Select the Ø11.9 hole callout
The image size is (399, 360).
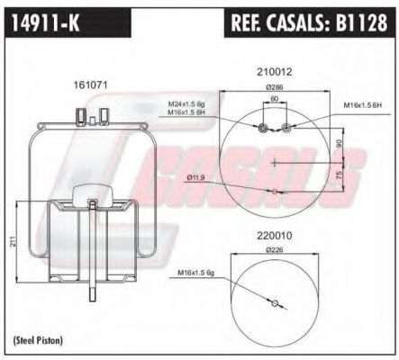[197, 177]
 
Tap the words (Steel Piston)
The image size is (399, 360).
[37, 340]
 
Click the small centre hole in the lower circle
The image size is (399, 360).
[275, 302]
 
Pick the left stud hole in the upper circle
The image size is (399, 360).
[263, 130]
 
